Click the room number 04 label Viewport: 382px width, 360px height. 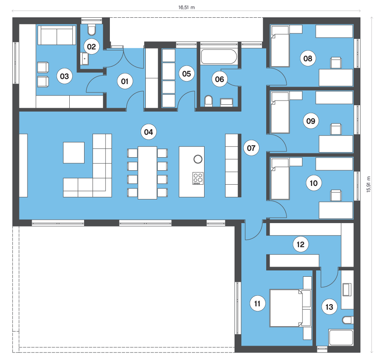tap(149, 132)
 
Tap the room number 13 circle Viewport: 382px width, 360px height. tap(329, 307)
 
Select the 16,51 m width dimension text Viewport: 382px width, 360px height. tap(186, 7)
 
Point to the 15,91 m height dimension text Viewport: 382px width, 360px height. tap(368, 184)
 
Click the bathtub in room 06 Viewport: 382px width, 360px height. tap(219, 57)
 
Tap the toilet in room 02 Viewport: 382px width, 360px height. tap(92, 30)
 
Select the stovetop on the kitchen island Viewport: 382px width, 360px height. tap(198, 178)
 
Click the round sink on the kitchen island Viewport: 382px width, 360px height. tap(198, 159)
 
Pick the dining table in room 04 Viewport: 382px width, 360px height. tap(147, 173)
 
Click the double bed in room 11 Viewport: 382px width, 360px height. tap(290, 308)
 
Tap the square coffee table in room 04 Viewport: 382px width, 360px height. tap(74, 153)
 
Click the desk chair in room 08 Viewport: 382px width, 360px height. tap(336, 63)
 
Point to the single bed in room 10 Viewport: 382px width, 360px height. tap(280, 179)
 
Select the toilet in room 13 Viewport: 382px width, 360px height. tap(348, 320)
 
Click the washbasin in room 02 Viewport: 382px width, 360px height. tap(85, 59)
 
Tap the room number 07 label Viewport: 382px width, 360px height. tap(251, 148)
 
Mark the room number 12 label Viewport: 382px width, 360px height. tap(300, 244)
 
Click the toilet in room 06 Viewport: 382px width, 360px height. tap(209, 101)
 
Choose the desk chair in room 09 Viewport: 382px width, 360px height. tap(336, 129)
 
